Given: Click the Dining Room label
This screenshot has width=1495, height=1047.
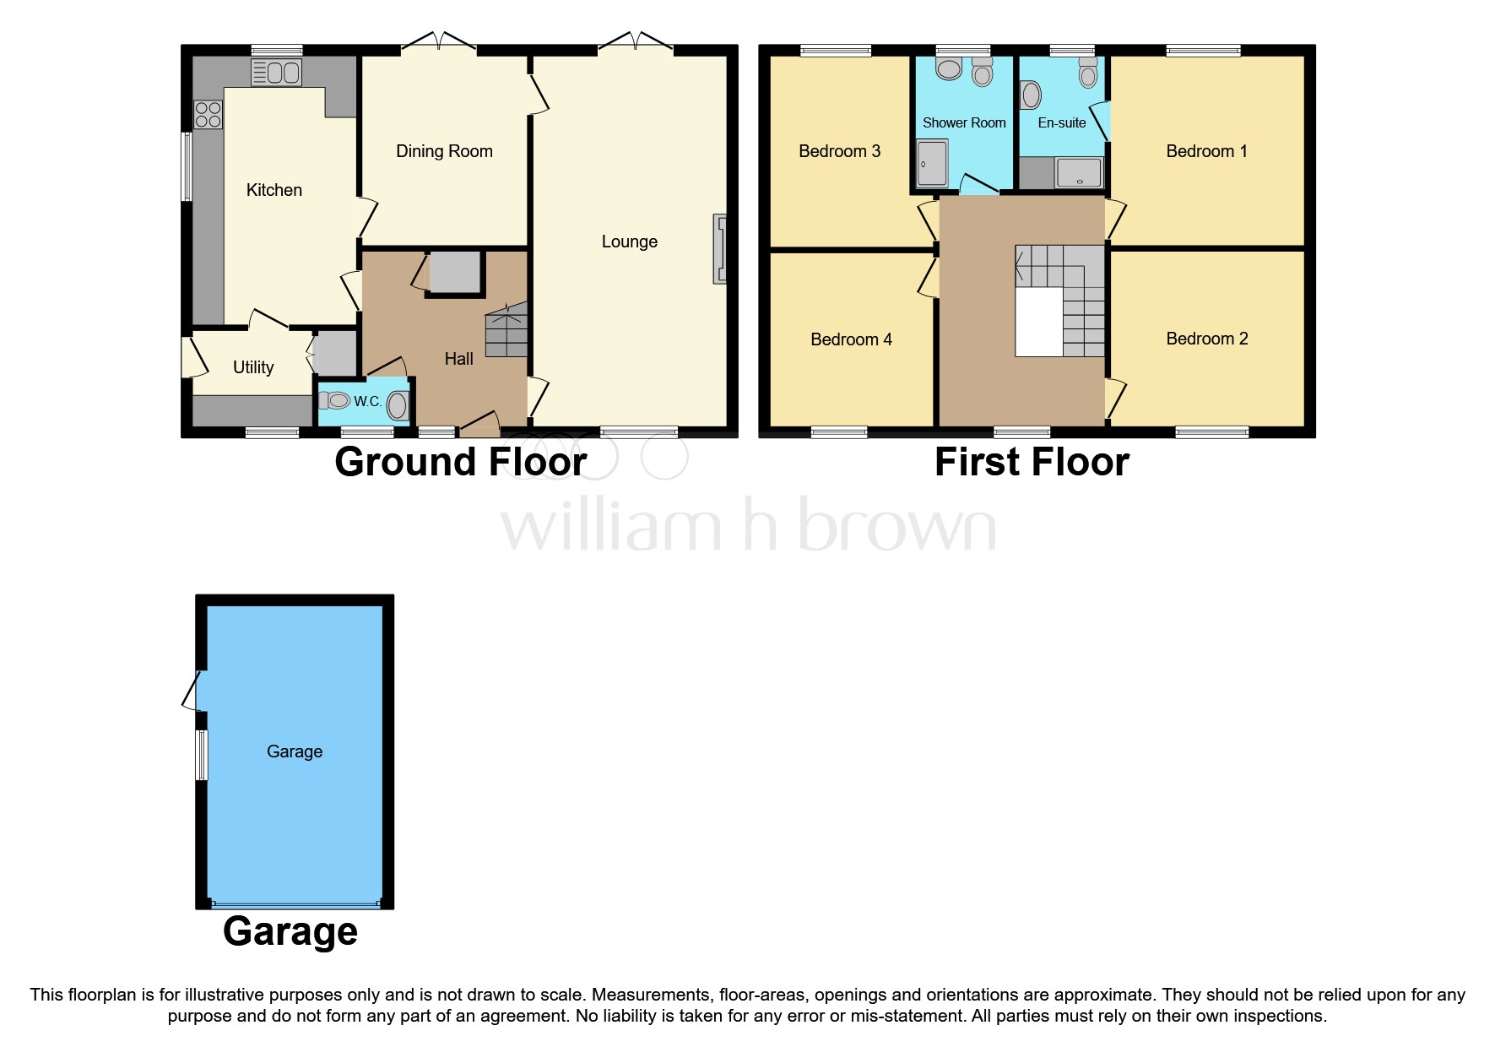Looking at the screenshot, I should coord(444,151).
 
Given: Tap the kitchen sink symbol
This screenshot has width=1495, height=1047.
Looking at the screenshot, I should coord(276,73).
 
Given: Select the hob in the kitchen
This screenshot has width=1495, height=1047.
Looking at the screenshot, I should coord(208,115).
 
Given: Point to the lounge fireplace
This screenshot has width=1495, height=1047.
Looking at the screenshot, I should coord(720,248).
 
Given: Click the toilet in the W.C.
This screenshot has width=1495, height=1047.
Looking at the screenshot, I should coord(335,400).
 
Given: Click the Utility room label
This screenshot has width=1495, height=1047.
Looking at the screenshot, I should coord(253,367).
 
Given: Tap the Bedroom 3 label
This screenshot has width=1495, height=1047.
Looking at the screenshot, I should coord(839,151).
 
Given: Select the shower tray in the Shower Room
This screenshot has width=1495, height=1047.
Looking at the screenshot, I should coord(932,163).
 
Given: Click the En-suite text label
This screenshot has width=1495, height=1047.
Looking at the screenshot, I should coord(1061,122).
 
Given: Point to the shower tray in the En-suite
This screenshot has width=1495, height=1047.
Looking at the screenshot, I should coord(1079,173).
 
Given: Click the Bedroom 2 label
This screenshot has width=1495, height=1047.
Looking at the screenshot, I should coord(1206,339).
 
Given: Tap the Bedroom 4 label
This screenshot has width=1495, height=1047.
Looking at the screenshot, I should coord(851,339).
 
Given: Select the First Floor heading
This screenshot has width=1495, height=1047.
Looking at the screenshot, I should coord(1032,462).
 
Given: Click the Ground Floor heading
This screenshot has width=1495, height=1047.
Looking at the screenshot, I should coord(460,462).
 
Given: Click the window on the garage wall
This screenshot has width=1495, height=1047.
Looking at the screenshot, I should coord(202,755).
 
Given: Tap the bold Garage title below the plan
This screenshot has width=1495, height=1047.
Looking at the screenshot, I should coord(290,931).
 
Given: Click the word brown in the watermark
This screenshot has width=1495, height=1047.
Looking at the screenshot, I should coord(896,527).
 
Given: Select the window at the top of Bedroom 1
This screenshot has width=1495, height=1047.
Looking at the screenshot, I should coord(1204,51).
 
